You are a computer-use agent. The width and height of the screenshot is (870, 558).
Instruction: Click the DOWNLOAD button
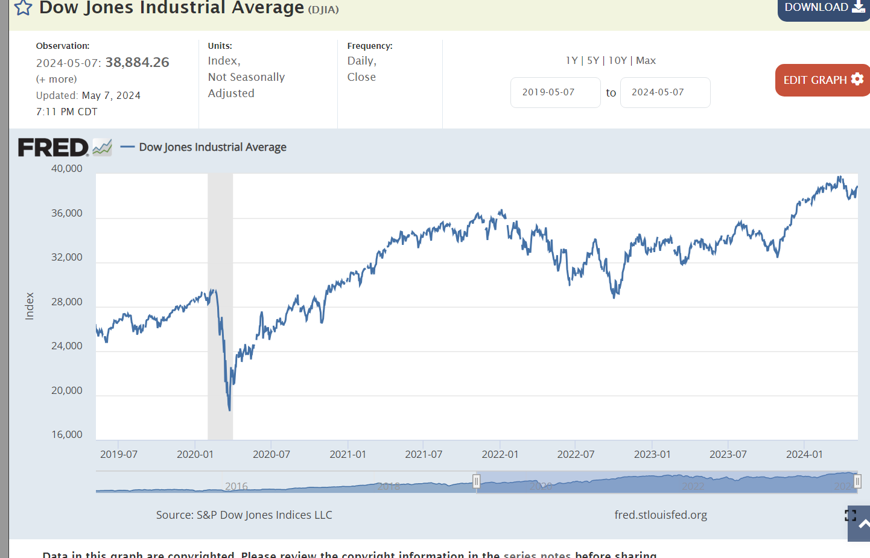tap(824, 8)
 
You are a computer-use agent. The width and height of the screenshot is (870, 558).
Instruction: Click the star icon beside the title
tap(23, 8)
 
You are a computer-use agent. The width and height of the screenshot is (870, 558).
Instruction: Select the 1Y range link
tap(571, 60)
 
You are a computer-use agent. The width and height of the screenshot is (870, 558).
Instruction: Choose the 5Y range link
tap(593, 60)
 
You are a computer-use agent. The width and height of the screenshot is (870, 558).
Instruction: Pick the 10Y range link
tap(617, 60)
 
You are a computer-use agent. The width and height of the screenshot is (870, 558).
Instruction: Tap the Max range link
tap(646, 60)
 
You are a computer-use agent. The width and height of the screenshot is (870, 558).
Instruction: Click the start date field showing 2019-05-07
tap(555, 92)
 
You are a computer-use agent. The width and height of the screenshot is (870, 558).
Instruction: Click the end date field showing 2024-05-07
tap(665, 92)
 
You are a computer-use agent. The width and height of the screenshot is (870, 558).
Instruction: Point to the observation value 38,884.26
tap(137, 62)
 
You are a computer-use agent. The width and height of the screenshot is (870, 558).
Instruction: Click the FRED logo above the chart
tap(54, 147)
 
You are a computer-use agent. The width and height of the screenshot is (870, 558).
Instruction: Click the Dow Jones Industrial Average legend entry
tap(212, 147)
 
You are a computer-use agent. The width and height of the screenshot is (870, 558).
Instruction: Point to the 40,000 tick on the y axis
tap(67, 169)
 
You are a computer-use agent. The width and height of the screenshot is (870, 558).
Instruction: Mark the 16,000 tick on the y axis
tap(67, 434)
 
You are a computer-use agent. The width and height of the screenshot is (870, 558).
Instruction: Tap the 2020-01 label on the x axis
tap(195, 454)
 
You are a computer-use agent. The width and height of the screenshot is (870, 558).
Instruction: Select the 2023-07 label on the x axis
tap(728, 454)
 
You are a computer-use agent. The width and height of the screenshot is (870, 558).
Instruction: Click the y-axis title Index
tap(30, 306)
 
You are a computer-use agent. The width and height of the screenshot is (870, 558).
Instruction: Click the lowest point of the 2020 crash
tap(230, 410)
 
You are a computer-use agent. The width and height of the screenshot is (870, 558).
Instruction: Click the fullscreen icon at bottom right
tap(851, 515)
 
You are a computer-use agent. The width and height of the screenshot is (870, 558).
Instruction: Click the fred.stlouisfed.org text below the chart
tap(661, 515)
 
